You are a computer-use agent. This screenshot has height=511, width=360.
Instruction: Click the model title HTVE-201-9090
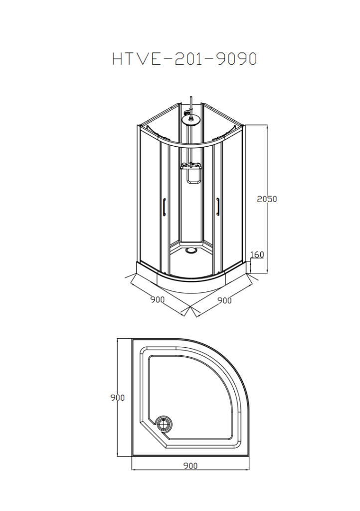(x=184, y=59)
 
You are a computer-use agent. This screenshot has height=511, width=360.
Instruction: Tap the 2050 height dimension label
(x=267, y=199)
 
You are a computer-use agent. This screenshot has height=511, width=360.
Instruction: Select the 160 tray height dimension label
(x=257, y=255)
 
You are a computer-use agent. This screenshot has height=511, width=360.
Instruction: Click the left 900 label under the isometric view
(x=158, y=299)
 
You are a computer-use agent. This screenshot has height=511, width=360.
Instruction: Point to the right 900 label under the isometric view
(x=224, y=300)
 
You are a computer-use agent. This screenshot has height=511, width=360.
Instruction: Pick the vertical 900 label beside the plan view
(x=118, y=398)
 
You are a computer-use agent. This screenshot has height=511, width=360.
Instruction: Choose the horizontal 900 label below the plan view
(x=190, y=466)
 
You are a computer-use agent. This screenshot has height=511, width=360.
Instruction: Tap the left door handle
(x=165, y=207)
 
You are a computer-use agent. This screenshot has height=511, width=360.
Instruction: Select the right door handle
(x=217, y=207)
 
